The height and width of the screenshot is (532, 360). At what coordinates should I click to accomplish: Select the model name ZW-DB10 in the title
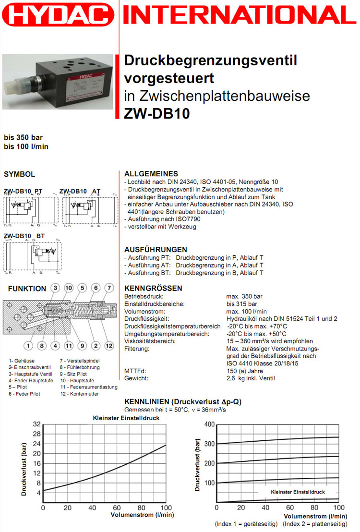coord(157,113)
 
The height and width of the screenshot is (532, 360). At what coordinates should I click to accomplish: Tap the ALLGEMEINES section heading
coord(151,174)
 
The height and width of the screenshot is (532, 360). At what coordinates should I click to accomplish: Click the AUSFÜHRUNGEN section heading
coord(156,250)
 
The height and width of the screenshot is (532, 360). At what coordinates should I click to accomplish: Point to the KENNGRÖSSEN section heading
coord(153,289)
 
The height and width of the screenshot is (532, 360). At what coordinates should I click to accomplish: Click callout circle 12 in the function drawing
coord(109,345)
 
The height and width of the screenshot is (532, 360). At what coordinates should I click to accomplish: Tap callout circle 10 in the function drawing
coord(69,288)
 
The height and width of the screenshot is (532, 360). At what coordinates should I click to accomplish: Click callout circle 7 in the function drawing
coord(109,288)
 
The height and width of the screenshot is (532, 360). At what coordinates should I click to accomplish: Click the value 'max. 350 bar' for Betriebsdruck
coord(244,297)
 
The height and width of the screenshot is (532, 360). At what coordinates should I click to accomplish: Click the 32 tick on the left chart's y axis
coord(37,424)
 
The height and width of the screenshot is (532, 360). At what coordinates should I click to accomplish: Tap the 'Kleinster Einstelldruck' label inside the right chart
coord(298,492)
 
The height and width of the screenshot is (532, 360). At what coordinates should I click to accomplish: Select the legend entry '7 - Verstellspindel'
coord(80,360)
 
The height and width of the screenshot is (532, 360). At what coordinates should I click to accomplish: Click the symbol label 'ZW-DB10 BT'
coord(24,236)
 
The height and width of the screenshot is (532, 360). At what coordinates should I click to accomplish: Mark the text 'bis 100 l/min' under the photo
coord(26,146)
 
